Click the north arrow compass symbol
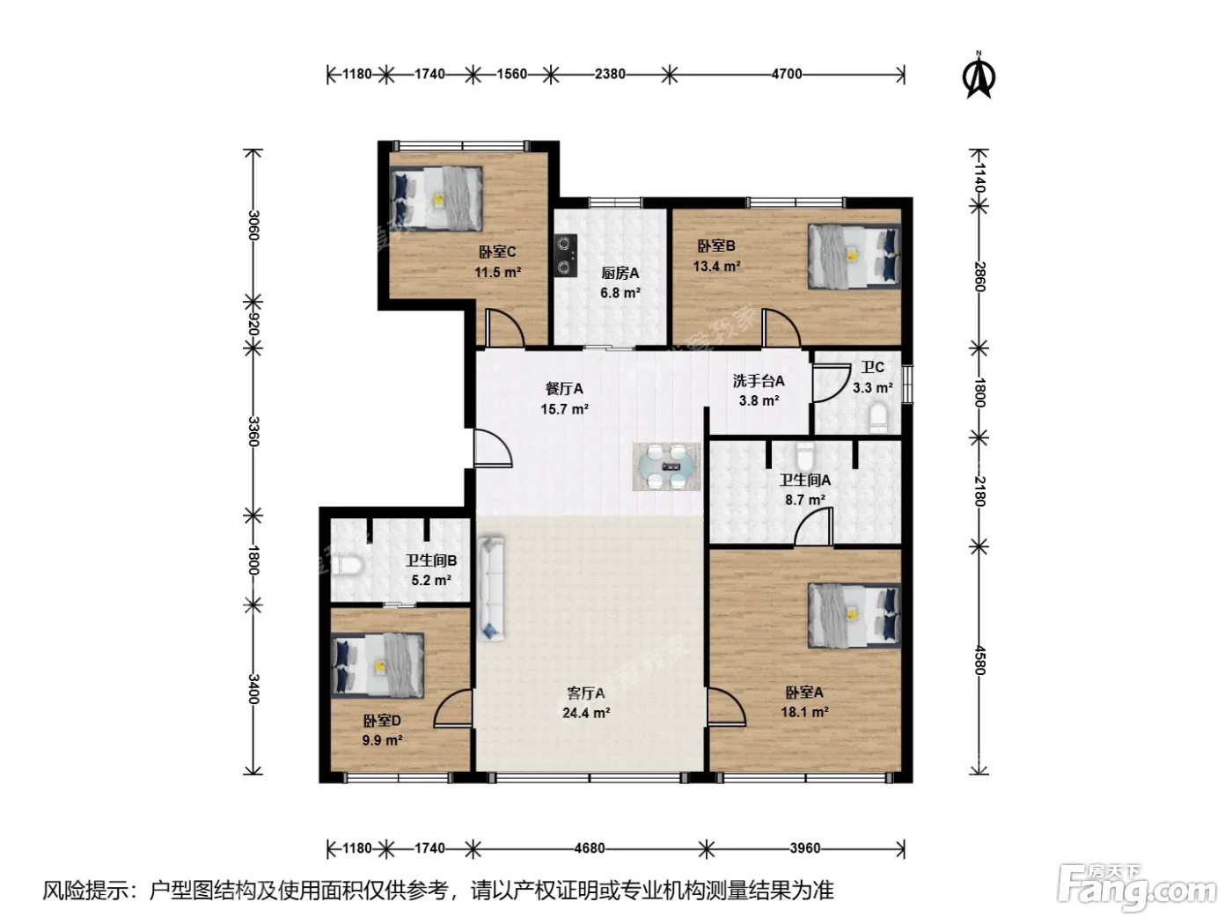coord(979,75)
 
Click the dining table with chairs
coord(665,466)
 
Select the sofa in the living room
coord(491,589)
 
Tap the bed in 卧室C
coord(436,199)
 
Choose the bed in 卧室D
coord(378,665)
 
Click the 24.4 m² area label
coord(586,713)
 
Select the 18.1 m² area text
coord(804,712)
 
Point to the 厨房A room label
coord(620,273)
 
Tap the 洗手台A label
coord(759,381)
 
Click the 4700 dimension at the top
coord(786,74)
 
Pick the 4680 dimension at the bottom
coord(589,847)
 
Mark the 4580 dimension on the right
coord(979,660)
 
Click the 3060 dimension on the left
coord(253,225)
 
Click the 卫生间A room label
coord(804,480)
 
